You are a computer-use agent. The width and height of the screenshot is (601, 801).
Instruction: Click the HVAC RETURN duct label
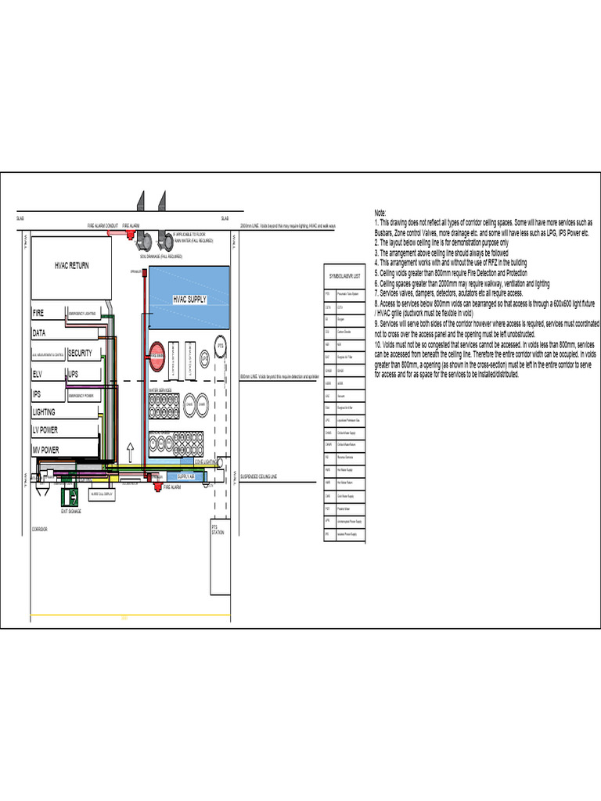coord(71,265)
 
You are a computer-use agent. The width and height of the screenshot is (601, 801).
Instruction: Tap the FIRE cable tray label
coord(38,313)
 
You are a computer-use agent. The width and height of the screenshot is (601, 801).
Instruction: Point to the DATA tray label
coord(39,333)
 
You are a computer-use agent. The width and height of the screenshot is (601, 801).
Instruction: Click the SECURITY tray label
coord(80,353)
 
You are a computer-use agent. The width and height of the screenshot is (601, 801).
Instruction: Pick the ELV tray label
coord(37,373)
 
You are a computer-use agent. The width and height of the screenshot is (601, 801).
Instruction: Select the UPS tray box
coord(74,374)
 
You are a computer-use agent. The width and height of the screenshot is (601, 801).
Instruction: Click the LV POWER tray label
coord(45,429)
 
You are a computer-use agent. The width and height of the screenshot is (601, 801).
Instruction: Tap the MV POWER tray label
coord(45,450)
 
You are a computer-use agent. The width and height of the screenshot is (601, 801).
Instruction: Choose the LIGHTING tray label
coord(44,411)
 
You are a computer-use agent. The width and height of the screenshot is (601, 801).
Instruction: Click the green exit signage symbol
coord(71,496)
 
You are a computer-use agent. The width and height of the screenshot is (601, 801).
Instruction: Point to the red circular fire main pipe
coord(157,354)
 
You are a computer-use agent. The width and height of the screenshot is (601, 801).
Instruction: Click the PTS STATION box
coord(218,530)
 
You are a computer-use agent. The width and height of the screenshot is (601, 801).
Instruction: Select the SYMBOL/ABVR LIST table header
coord(344,276)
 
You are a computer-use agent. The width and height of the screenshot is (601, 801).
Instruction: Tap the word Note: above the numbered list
coord(380,213)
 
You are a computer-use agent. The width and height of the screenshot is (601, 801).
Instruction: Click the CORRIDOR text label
coord(40,530)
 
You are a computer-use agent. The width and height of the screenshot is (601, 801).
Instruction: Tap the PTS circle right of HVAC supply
coord(220,345)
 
